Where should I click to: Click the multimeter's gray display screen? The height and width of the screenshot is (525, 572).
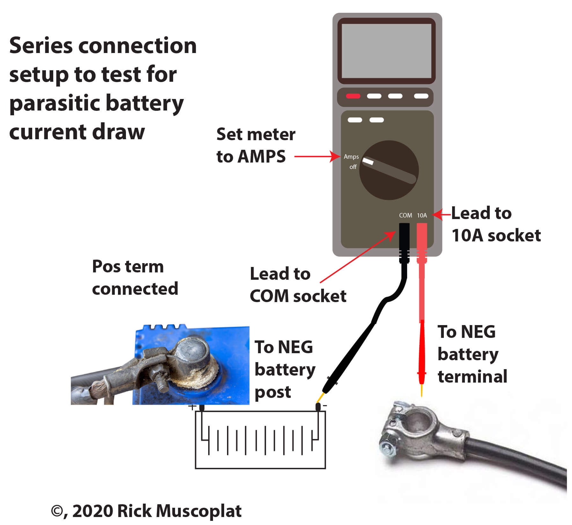coord(386,51)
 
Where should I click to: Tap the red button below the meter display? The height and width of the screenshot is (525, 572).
coord(353,96)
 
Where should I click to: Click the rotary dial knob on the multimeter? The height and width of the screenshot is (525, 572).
coord(389,170)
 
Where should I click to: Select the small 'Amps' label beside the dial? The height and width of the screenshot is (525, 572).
coord(351,157)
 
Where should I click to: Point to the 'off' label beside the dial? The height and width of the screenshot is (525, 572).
coord(353,167)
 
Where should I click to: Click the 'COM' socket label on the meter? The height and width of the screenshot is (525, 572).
coord(405,216)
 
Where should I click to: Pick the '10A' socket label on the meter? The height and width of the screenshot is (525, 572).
coord(422,216)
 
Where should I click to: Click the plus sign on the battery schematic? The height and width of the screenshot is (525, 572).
coord(192,407)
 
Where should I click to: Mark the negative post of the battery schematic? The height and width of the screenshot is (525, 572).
coord(318,407)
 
